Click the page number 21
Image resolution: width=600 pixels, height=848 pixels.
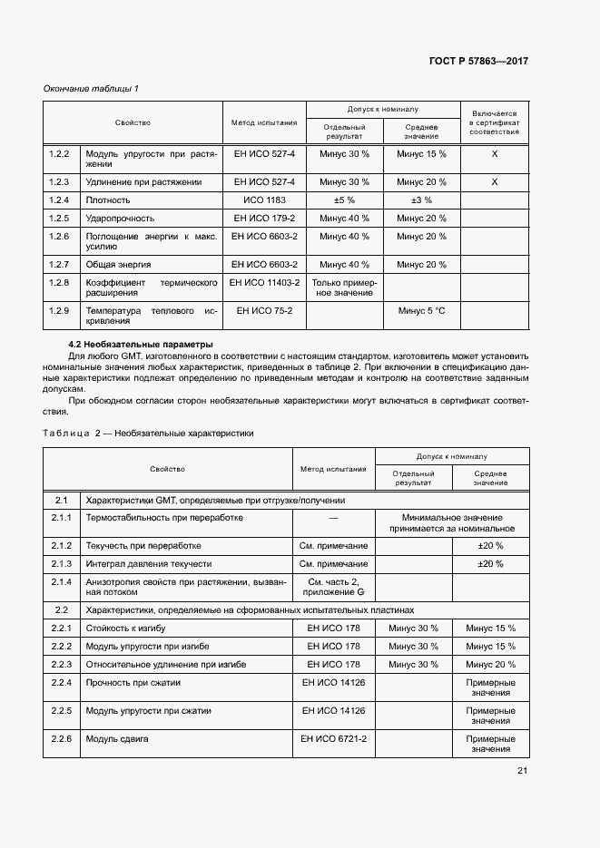(522, 771)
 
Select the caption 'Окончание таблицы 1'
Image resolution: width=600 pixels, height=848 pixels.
(91, 88)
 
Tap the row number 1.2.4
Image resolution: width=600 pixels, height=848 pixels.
(59, 200)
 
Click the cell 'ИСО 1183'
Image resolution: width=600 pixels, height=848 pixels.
(264, 200)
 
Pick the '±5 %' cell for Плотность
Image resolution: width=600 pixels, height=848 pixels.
(344, 200)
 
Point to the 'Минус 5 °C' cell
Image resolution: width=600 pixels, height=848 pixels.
(422, 310)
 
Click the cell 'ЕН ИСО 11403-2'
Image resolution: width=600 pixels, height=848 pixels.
(264, 283)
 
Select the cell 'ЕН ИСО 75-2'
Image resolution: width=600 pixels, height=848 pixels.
(264, 310)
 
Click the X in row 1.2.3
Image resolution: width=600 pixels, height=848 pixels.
(495, 181)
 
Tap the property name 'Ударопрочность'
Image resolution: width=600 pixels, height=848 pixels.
(120, 218)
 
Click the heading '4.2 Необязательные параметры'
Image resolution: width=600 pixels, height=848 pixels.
(141, 344)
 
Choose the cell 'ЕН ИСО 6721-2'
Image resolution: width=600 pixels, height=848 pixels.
(334, 739)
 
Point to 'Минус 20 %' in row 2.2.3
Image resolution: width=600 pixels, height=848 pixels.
(490, 664)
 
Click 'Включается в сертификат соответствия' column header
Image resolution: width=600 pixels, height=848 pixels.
(495, 122)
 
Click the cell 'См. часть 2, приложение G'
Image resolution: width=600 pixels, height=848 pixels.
(334, 587)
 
